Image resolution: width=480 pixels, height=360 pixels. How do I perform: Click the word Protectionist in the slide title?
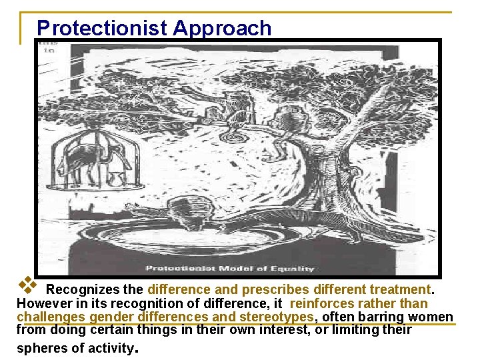point(102,28)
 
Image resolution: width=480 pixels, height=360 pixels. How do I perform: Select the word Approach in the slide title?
point(222,28)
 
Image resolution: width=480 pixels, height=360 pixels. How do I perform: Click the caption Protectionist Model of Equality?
point(229,269)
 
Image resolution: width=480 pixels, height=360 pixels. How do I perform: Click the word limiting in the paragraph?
point(369,329)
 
